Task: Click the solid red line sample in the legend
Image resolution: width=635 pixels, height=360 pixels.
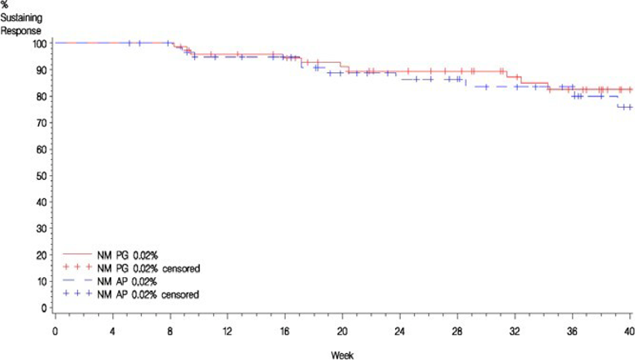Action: coord(76,256)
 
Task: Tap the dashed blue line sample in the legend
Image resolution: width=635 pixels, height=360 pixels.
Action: coord(76,282)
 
